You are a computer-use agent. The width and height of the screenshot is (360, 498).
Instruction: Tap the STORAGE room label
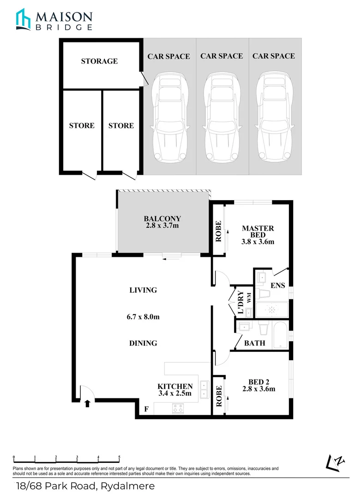[x=99, y=61]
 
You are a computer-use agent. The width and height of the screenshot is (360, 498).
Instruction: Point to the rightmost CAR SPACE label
[x=273, y=56]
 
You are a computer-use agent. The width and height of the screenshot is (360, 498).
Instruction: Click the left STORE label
[x=82, y=125]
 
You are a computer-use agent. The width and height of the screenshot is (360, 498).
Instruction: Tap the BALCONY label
[x=162, y=219]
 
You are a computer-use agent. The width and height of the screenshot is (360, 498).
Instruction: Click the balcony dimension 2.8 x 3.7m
[x=162, y=226]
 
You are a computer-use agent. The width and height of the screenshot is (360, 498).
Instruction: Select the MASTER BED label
[x=258, y=228]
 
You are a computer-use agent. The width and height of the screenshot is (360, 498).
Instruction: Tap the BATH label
[x=254, y=343]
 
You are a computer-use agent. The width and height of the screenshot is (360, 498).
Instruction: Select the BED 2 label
[x=258, y=382]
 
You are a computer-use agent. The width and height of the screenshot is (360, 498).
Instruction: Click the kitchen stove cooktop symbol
[x=178, y=408]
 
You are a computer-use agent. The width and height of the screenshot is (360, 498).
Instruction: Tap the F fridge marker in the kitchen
[x=147, y=409]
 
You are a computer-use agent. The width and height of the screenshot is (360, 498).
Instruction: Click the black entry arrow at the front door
[x=87, y=404]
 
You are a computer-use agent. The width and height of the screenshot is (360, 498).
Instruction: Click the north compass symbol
[x=336, y=462]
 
